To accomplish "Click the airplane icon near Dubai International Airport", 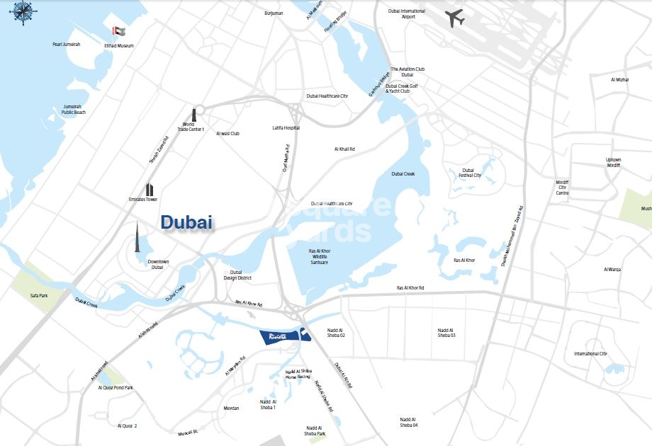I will pos(456,18).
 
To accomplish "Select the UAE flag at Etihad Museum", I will pos(118,32).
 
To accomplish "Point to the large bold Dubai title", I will pos(186,222).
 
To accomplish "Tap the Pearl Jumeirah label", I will pos(67,45).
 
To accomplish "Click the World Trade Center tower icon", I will pos(192,115).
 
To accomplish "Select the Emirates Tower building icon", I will pos(150,190).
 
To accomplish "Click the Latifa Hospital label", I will pos(286,128).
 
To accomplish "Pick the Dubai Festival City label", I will pos(468,173).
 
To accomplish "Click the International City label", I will pos(590,353).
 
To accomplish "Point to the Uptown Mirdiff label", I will pos(613,162).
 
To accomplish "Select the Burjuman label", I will pos(274,13).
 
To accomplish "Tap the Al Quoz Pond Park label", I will pos(116,388).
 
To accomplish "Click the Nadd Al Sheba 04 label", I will pos(408,422).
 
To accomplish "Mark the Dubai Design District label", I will pos(237,275).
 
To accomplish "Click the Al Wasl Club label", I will pos(228,134).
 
